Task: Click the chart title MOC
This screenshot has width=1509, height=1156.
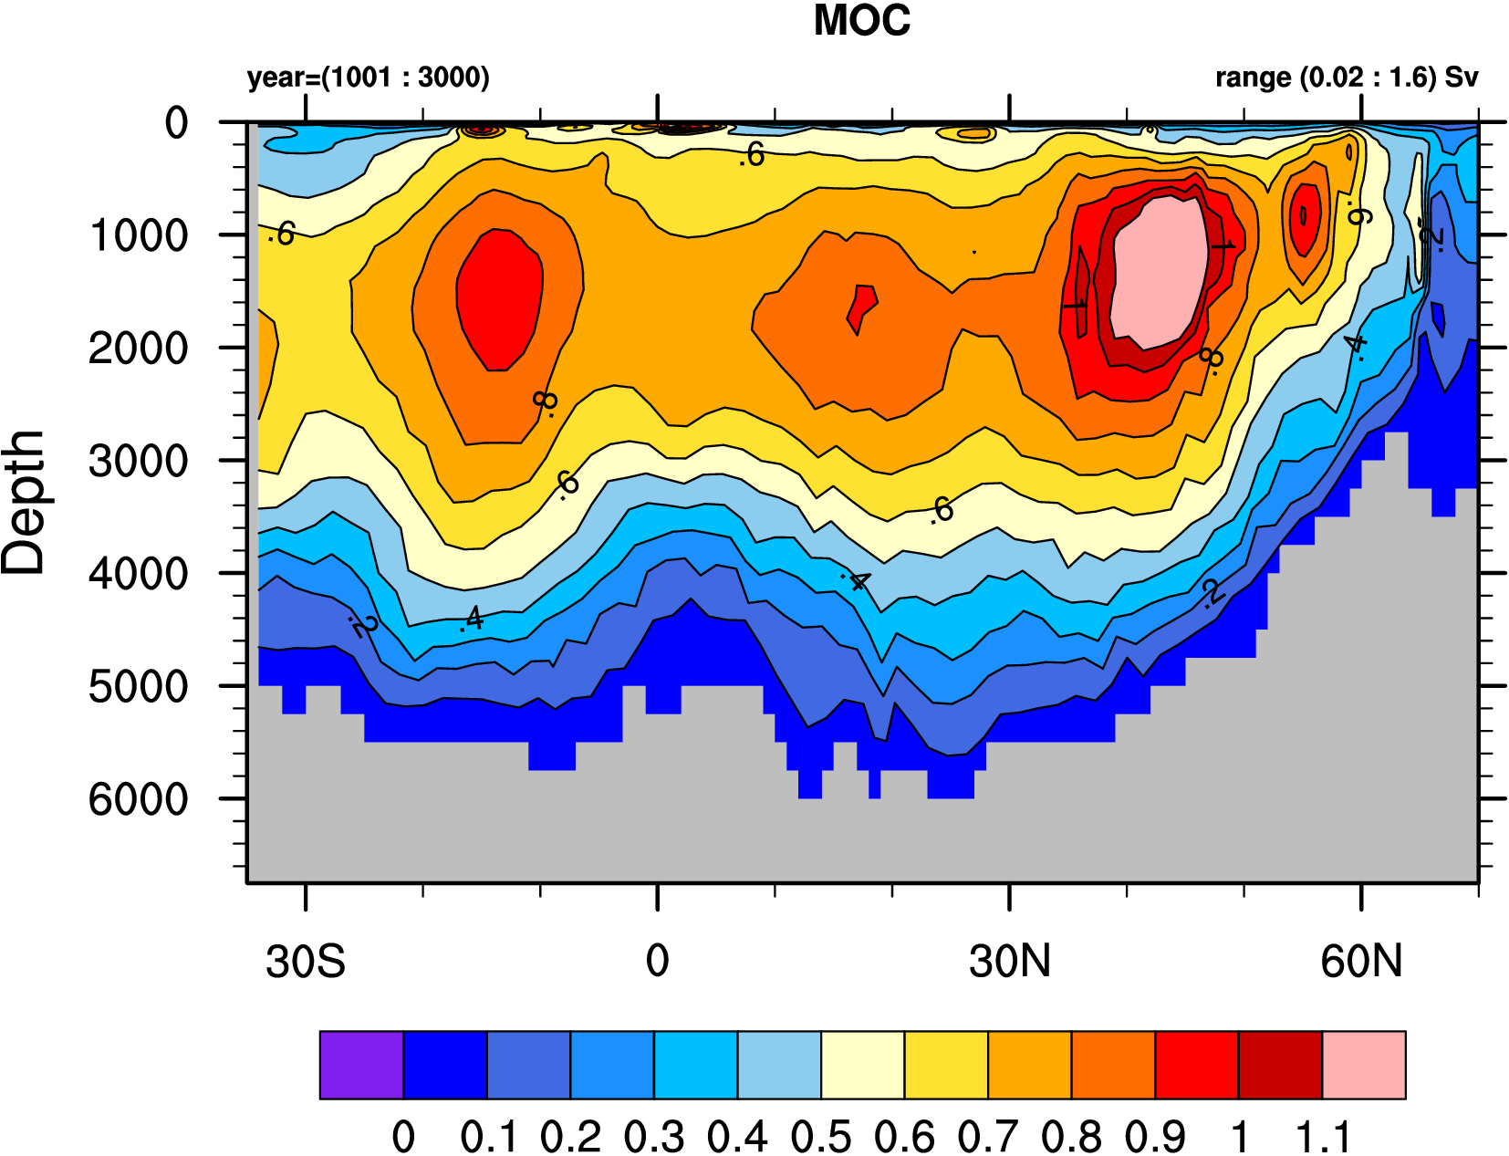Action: [861, 21]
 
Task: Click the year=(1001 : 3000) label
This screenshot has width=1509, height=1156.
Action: [369, 78]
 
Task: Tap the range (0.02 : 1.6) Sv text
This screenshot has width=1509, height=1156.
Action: [1346, 78]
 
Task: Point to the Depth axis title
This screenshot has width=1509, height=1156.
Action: [24, 503]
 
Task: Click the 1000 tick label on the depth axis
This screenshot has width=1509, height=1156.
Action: [139, 236]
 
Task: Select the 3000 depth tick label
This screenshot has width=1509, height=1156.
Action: [139, 462]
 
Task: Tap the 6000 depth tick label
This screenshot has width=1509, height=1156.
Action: [139, 800]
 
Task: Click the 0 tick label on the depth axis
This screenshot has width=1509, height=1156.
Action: [176, 123]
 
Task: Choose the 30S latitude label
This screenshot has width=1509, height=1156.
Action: [306, 962]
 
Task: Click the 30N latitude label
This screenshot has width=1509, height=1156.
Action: [1010, 962]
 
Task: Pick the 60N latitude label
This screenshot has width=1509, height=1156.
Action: [1361, 962]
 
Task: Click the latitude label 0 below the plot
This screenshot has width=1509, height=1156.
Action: [657, 962]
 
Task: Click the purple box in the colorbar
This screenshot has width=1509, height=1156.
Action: [361, 1066]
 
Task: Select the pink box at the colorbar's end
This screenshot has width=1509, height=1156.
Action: [1364, 1066]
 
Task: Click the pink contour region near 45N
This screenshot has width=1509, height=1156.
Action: [1157, 272]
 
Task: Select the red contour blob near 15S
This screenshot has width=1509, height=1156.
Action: [499, 299]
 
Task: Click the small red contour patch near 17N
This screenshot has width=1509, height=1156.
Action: [861, 307]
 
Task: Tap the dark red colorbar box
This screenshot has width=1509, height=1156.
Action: [1280, 1066]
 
